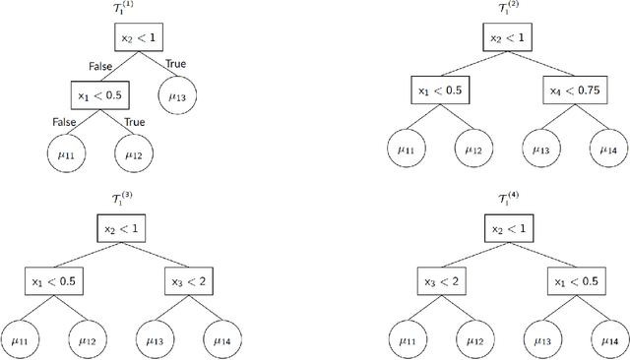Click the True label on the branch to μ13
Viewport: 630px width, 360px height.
pyautogui.click(x=175, y=64)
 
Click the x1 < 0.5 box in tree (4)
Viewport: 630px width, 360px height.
pyautogui.click(x=573, y=280)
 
